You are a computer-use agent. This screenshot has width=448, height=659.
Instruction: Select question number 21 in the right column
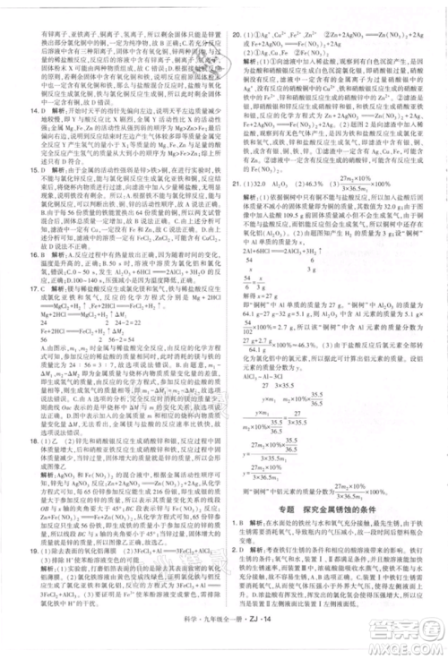[x=237, y=205]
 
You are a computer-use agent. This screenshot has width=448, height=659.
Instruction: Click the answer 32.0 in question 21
[x=264, y=205]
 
